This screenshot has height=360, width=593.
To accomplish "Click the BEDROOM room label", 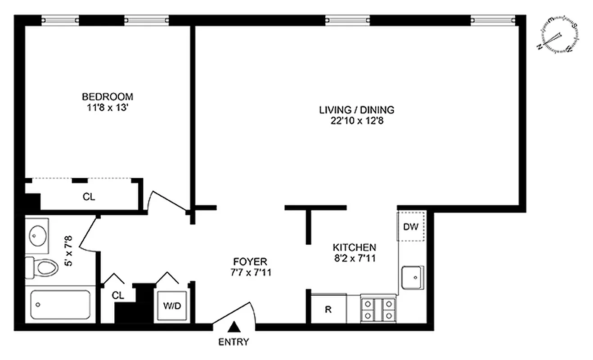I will tap(107, 96).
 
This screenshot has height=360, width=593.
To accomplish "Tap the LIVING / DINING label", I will tap(356, 109).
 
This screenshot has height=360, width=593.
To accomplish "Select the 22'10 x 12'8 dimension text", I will tap(356, 120).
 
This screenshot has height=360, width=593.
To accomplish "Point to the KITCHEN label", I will tap(354, 247).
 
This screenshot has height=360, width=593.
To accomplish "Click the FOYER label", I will tap(250, 261).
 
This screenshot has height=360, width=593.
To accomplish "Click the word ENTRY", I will tap(234, 342).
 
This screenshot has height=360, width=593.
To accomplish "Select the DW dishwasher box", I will tap(411, 226).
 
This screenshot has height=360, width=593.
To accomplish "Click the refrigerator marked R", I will tap(328, 309).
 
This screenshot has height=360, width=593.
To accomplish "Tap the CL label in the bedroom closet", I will tap(89, 197).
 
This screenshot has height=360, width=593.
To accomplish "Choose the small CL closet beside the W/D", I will tap(118, 295).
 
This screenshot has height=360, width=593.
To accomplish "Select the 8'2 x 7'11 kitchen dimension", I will tap(354, 258).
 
